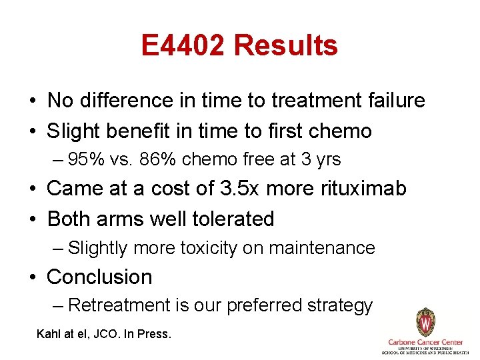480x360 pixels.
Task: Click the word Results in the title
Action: tap(286, 46)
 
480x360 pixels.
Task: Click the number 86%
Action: tap(151, 160)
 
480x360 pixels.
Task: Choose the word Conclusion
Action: tap(99, 277)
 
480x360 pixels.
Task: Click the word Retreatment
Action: tap(119, 305)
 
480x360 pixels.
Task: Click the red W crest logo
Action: tap(425, 323)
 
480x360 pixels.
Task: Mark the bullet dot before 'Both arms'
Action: tap(33, 219)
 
